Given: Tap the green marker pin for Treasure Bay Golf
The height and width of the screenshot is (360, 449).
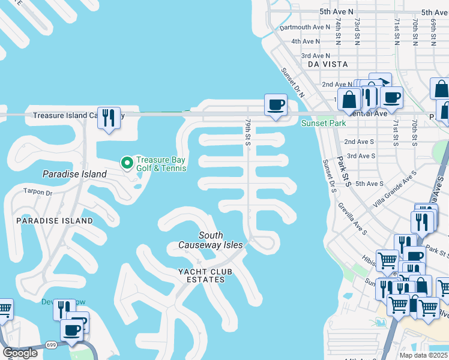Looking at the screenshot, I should point(127,162).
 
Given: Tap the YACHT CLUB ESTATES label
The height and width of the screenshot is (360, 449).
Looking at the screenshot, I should point(205,276).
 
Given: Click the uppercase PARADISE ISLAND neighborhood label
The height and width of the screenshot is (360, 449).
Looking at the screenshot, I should point(55,221).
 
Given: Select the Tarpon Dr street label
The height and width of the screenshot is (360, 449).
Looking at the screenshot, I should point(38,193).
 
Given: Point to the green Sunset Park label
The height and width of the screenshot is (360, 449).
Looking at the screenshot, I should point(324,124).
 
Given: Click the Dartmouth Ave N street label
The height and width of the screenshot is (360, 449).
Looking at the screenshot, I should point(305,27).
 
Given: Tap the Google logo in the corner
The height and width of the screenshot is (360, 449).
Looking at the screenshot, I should point(20,353).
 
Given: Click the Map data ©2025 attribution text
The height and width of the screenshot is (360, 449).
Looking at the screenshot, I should point(423,355).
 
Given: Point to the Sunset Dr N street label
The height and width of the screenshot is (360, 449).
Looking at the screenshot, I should point(293,82).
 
